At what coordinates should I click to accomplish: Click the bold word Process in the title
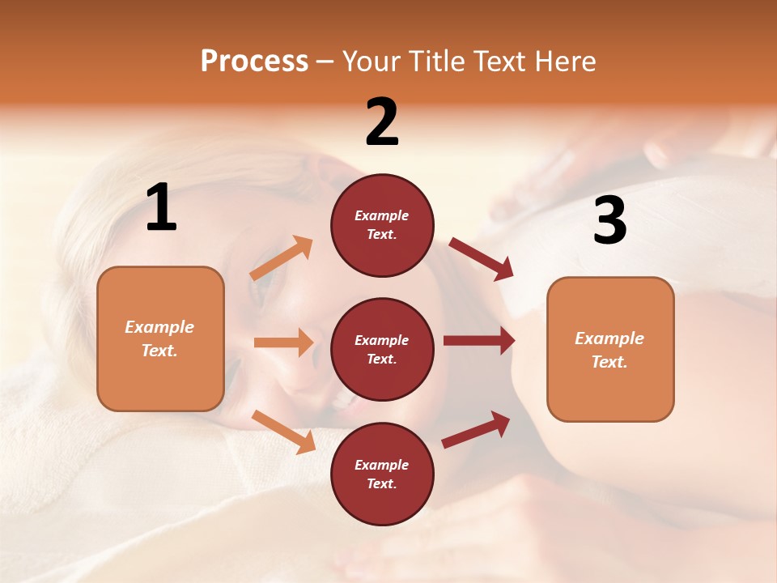254,62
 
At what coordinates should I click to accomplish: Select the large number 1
161,208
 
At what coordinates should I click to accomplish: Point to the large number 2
382,122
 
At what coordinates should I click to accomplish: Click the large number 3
609,221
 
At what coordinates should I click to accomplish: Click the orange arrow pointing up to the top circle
282,258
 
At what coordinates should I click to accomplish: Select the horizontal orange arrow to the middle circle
283,343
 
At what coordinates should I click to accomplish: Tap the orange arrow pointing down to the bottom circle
283,431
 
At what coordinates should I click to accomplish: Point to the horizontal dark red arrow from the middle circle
478,341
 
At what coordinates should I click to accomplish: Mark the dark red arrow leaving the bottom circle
476,430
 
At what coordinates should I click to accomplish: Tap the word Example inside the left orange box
159,327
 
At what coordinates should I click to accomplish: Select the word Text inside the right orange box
609,362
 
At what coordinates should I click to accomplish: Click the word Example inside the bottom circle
382,465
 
